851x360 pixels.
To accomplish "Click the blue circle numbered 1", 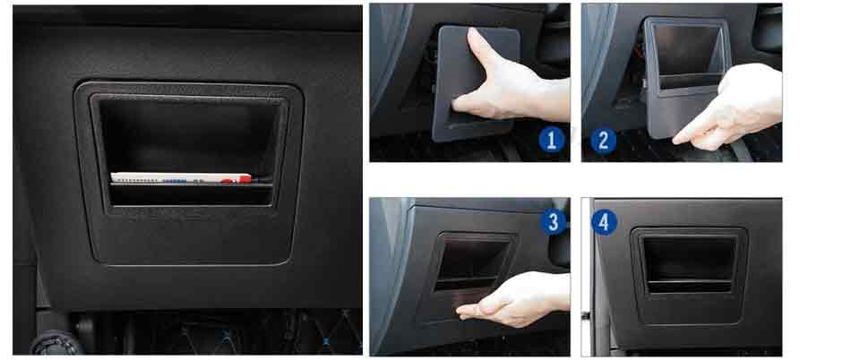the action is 552,140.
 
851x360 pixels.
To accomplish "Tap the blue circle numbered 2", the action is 604,141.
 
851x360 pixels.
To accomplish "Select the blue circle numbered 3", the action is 553,222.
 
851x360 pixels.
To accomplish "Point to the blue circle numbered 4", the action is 604,222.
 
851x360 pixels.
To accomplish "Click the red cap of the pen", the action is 245,178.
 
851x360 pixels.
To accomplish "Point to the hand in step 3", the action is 513,300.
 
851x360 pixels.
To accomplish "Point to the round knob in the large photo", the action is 55,344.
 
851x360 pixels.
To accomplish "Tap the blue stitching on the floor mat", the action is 326,341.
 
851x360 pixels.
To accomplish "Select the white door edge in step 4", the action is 587,277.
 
